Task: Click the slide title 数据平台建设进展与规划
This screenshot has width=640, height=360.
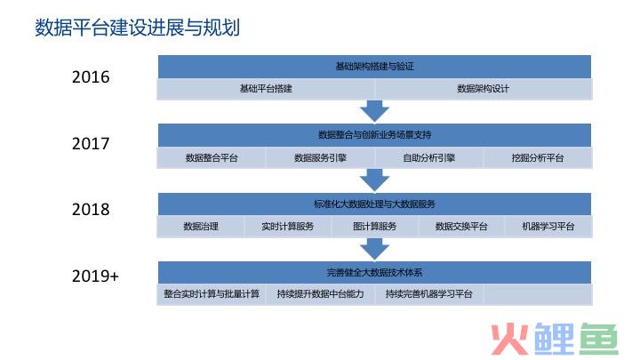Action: (x=137, y=28)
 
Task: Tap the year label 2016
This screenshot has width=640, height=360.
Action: (x=91, y=77)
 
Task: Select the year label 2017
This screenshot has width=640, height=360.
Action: (x=91, y=144)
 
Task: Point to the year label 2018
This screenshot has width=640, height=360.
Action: (x=91, y=210)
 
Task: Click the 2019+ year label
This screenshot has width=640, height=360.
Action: (x=95, y=276)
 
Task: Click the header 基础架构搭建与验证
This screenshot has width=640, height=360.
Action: (x=375, y=67)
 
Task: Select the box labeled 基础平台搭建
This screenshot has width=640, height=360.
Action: (x=266, y=89)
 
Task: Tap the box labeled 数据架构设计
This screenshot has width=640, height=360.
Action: (x=484, y=89)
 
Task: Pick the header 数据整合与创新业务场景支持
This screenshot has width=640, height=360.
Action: (x=375, y=135)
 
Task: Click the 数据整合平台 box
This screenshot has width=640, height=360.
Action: (x=212, y=158)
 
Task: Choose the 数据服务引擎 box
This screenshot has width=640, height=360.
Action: (x=320, y=158)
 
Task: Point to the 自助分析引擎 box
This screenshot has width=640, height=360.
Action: (x=429, y=158)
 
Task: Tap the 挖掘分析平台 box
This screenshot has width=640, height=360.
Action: (x=538, y=158)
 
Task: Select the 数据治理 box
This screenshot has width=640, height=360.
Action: (x=201, y=227)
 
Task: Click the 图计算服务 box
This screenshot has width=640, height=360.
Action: (x=375, y=227)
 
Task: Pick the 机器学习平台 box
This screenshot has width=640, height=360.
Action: (x=548, y=227)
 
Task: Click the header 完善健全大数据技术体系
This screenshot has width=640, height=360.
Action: (x=375, y=273)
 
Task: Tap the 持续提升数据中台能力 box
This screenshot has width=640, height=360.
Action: (x=320, y=294)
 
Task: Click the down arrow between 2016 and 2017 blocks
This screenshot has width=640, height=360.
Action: (x=375, y=111)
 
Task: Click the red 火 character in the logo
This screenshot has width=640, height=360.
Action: (x=510, y=339)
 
